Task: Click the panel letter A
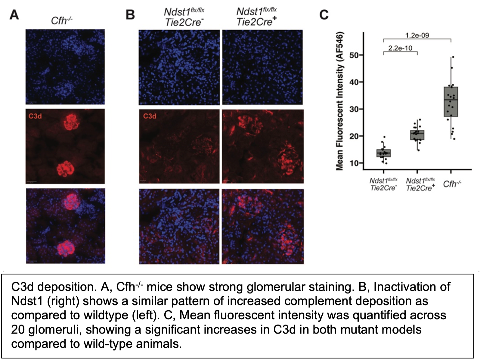14,15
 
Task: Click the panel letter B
130,15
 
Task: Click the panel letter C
324,15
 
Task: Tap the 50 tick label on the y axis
355,55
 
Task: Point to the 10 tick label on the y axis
355,163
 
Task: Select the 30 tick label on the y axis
355,109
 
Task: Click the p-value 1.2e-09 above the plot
417,35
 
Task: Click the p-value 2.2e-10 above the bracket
400,48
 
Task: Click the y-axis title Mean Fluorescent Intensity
339,101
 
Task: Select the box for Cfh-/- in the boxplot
451,102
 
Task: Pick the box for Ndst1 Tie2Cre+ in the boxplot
417,135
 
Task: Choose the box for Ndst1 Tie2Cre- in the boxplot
384,153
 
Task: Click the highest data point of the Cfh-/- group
453,57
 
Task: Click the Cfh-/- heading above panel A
61,21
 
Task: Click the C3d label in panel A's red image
35,116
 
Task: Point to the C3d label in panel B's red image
150,116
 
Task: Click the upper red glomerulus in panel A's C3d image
72,122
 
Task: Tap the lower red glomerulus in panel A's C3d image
66,169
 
